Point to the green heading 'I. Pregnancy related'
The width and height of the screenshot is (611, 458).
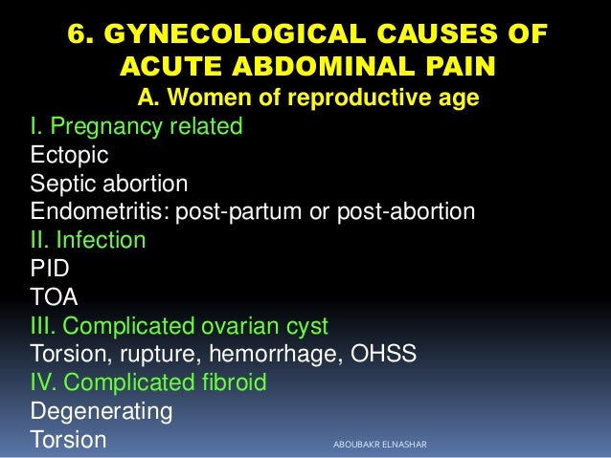pyautogui.click(x=136, y=125)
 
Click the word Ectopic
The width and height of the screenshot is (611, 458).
pyautogui.click(x=70, y=154)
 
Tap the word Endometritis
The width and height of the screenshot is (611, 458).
pyautogui.click(x=99, y=211)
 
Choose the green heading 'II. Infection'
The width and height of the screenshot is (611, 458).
pyautogui.click(x=88, y=239)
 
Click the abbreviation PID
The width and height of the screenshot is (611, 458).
pyautogui.click(x=51, y=269)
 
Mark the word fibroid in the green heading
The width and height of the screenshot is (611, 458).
pyautogui.click(x=230, y=382)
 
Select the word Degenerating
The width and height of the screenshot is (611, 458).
pyautogui.click(x=102, y=412)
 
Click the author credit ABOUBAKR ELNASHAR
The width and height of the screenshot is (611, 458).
pyautogui.click(x=380, y=443)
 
